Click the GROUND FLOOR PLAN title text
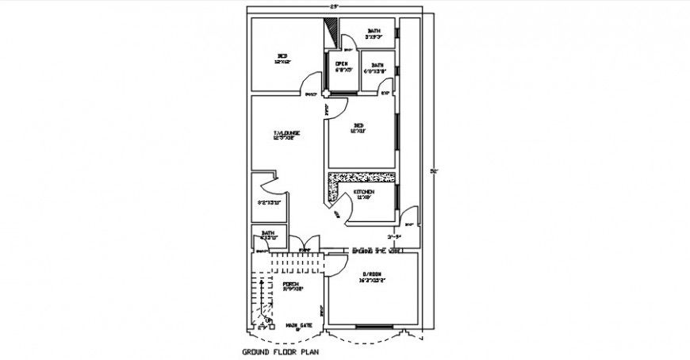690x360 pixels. [281, 350]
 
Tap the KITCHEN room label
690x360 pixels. [364, 193]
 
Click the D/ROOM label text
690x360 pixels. [372, 274]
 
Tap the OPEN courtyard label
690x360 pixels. [342, 63]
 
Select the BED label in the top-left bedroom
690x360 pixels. [282, 55]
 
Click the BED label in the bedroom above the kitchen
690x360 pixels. [358, 126]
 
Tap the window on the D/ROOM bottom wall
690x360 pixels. [371, 327]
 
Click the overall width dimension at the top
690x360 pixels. [335, 6]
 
